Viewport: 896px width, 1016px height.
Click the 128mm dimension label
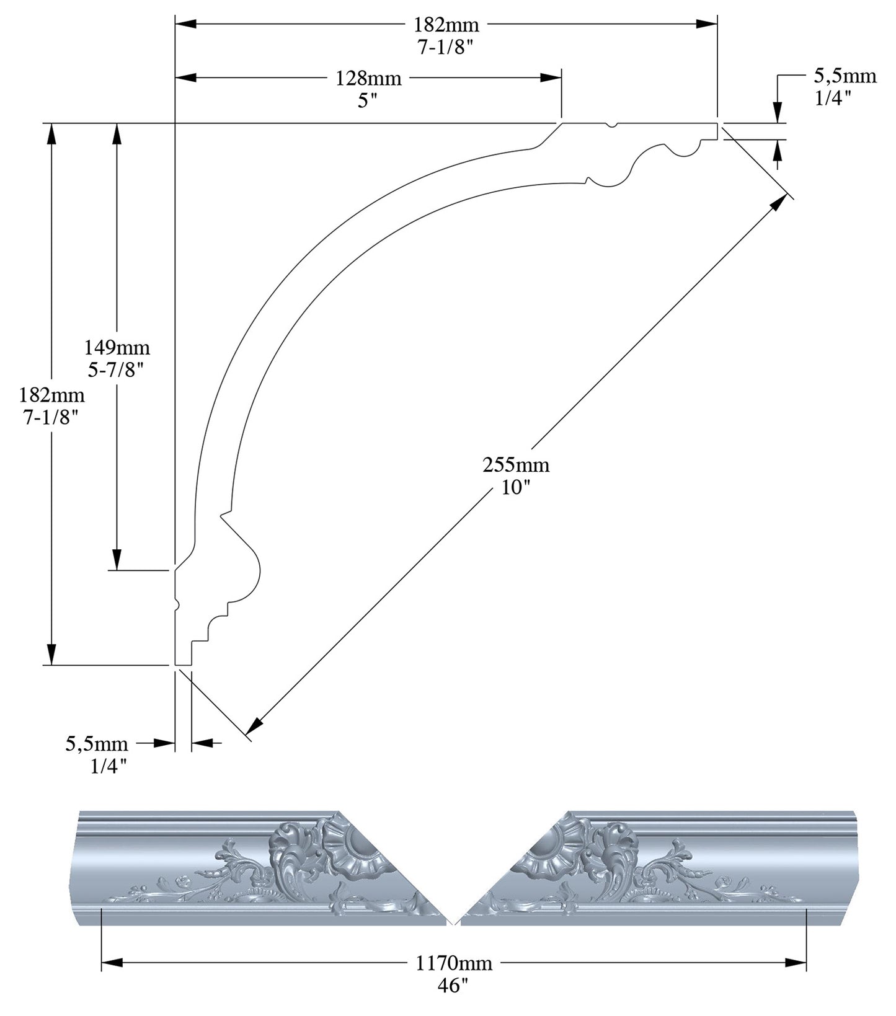coord(368,78)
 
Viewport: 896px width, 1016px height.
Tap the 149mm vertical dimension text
coord(117,347)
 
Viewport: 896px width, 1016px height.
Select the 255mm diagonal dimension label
coord(516,464)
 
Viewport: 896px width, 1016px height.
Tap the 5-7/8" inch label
coord(117,371)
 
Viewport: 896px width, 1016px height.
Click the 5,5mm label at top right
coord(845,76)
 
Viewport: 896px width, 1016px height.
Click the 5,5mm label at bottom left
coord(97,743)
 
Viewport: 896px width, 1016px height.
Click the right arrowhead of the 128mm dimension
coord(551,77)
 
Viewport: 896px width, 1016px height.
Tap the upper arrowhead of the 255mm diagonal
coord(778,205)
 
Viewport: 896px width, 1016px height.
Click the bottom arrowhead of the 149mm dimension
coord(116,558)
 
